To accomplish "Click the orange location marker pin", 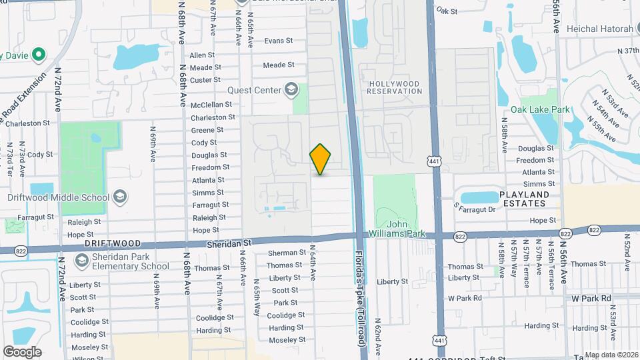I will tap(321, 159).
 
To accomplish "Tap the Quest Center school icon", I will tap(291, 89).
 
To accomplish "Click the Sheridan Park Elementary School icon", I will tap(82, 261).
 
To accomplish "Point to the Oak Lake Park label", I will tap(541, 109).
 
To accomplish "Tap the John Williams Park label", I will tap(406, 229).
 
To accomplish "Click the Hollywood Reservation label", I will tap(394, 87).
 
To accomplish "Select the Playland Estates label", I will tap(525, 199).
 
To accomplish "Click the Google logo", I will tap(22, 351).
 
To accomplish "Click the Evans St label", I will tap(279, 41).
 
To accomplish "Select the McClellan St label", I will tap(211, 105).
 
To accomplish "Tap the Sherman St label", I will tap(286, 253).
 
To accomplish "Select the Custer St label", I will tap(205, 80).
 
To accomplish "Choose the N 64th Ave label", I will tap(312, 265).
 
